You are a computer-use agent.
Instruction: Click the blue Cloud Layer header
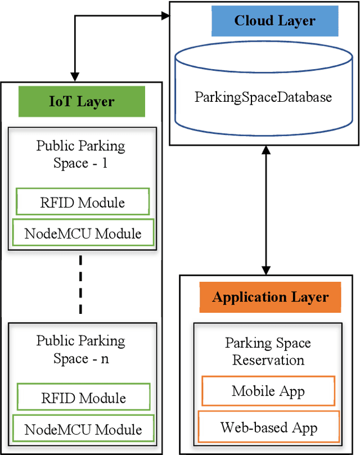click(274, 21)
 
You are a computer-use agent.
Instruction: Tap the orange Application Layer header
click(270, 297)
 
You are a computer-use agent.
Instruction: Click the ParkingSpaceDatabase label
click(263, 97)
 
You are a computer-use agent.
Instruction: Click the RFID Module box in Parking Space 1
click(83, 202)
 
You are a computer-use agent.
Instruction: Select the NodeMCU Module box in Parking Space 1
click(83, 232)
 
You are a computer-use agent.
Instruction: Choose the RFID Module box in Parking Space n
click(83, 398)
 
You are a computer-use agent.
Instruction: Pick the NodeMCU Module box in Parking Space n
click(83, 429)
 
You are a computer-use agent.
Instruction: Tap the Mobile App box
click(268, 391)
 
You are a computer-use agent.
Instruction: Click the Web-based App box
click(268, 427)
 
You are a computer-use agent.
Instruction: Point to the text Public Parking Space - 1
click(81, 155)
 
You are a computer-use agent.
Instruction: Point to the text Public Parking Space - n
click(81, 349)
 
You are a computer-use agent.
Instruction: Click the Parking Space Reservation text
click(268, 351)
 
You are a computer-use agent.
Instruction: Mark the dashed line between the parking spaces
click(81, 285)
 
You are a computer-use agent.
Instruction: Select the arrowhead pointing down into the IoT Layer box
click(75, 77)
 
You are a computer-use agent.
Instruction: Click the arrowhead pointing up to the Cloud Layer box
click(266, 151)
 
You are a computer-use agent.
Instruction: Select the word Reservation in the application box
click(268, 360)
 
